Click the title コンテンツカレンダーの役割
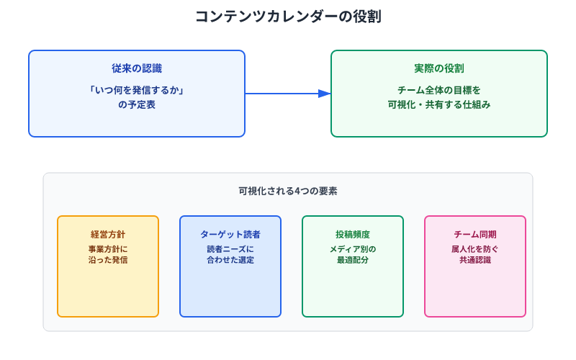pos(288,17)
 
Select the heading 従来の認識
pos(137,68)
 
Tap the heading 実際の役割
pos(439,68)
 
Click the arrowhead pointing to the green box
pos(325,94)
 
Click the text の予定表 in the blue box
pos(137,104)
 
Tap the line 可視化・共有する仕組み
pos(439,104)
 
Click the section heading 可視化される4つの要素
pos(288,192)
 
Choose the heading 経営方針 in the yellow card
pos(108,235)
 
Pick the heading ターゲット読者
pos(230,235)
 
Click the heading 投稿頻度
pos(353,235)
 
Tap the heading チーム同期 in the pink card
pos(475,235)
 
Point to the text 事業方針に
pos(108,249)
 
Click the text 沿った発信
pos(108,260)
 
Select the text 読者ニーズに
pos(230,249)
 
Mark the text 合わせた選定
pos(230,260)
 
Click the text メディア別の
pos(353,249)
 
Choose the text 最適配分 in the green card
pos(353,260)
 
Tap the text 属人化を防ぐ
pos(475,249)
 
